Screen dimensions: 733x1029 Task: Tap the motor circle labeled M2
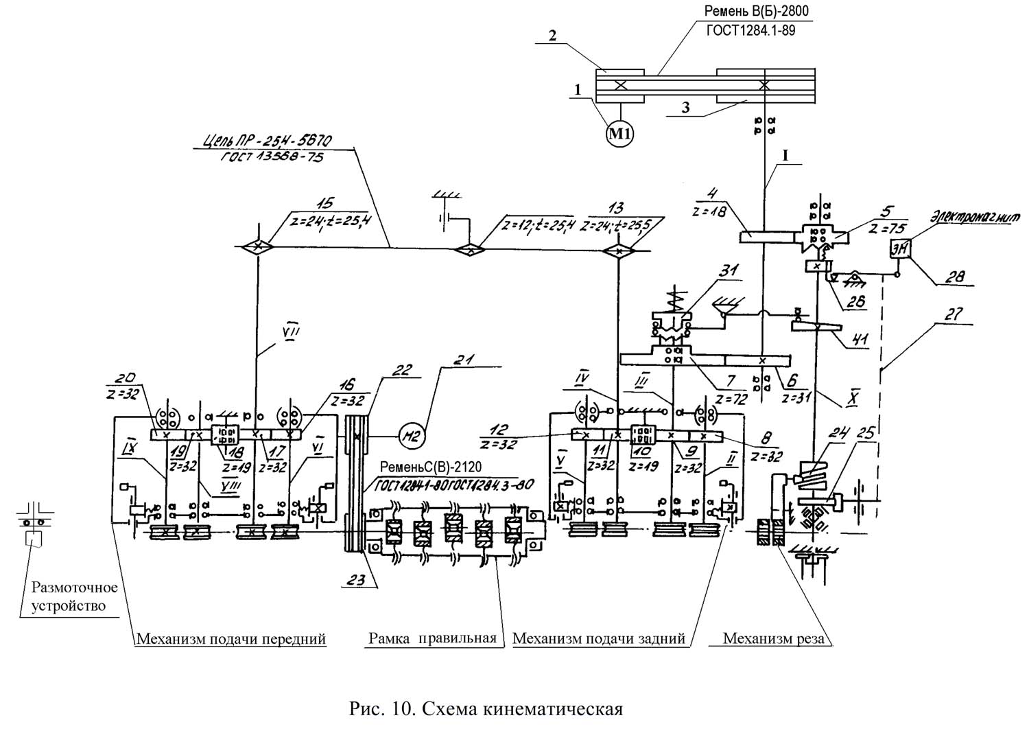point(410,434)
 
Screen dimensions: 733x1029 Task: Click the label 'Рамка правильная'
point(432,638)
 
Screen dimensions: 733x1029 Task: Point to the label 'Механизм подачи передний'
point(230,640)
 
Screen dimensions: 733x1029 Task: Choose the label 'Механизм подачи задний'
point(599,639)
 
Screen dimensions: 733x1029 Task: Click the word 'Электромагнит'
point(975,217)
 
